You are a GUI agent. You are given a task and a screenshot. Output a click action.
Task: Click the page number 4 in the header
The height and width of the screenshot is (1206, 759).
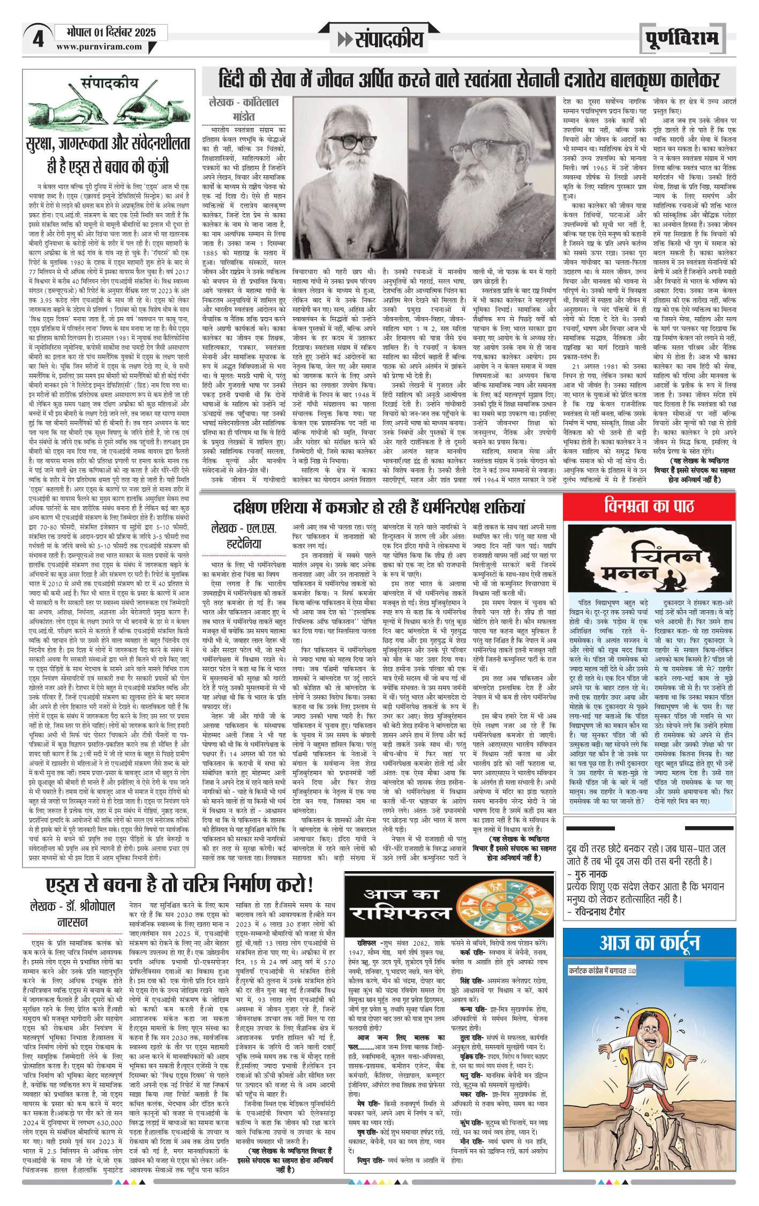[37, 39]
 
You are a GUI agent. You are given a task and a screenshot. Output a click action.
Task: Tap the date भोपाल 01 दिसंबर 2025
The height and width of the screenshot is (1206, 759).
[111, 32]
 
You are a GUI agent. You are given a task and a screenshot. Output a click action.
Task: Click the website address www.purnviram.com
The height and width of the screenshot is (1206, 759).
[99, 47]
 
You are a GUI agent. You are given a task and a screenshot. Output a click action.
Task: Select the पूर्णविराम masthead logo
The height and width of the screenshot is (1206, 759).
[681, 39]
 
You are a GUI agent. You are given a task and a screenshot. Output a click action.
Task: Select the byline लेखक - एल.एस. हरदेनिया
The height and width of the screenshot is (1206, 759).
[244, 536]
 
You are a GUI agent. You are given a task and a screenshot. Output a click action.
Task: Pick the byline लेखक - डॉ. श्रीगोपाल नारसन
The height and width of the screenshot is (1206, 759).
[73, 914]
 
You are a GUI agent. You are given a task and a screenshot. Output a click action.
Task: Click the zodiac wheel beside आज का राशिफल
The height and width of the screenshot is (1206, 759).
[503, 906]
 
